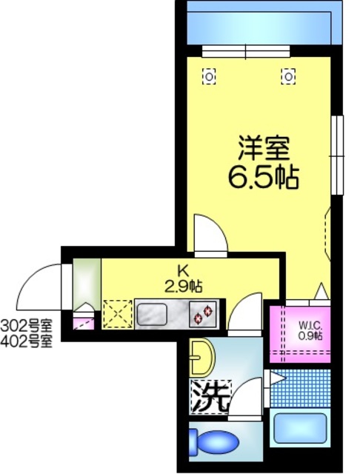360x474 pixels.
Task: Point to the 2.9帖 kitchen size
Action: [x=184, y=284]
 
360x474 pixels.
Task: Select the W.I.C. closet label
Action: [x=310, y=324]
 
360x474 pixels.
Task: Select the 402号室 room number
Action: [x=27, y=341]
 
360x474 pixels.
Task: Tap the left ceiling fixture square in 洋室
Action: [x=210, y=75]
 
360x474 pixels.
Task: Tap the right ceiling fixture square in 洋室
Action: [x=288, y=75]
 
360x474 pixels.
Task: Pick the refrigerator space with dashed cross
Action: [x=117, y=313]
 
